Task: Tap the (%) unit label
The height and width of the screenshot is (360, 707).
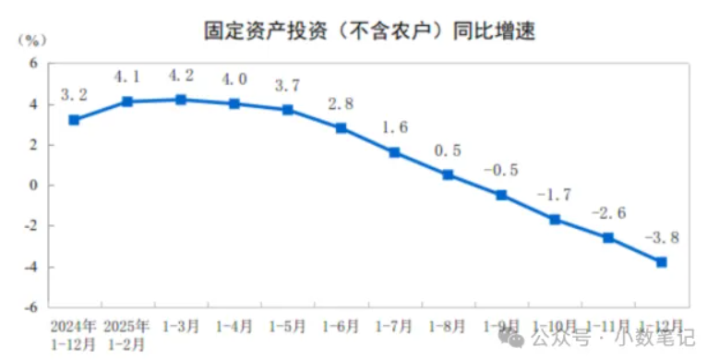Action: coord(30,40)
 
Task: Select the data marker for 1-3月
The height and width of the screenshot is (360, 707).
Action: coord(181,100)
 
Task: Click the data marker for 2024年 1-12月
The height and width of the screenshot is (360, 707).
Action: coord(74,120)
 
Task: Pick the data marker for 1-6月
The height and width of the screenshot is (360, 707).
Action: coord(342,128)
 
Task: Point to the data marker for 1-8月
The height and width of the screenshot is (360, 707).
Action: coord(448,174)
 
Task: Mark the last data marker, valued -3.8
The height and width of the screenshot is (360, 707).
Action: coord(662,262)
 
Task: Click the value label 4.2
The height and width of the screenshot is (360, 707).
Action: coord(181,77)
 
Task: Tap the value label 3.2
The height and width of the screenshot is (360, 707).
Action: coord(74,94)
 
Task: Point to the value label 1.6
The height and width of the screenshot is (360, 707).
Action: coord(394,127)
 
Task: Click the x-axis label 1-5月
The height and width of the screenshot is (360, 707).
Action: coord(288,327)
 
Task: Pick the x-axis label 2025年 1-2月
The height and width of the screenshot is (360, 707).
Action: coord(127,335)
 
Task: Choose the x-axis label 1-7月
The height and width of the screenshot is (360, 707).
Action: coord(394,327)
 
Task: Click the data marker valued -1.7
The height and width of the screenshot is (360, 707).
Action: coord(555,220)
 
